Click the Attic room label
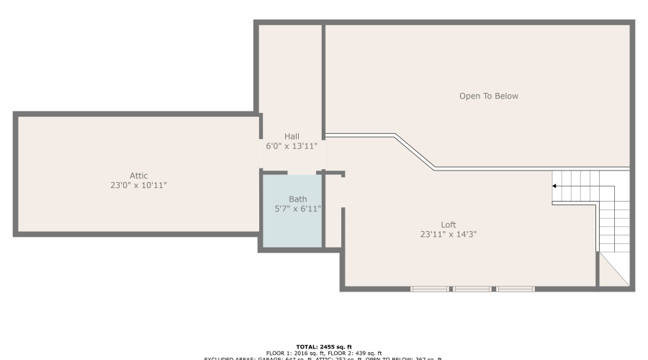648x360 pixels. click(x=138, y=176)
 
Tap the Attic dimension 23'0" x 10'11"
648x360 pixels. click(x=138, y=186)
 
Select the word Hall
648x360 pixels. click(x=292, y=137)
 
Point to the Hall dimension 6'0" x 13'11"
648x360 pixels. click(x=292, y=146)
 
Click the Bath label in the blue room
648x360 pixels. click(x=298, y=199)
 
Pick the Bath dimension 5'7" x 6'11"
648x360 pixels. click(x=298, y=209)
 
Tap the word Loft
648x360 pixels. click(x=449, y=225)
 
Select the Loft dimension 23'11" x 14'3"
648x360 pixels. click(x=449, y=234)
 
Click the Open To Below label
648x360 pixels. click(x=489, y=96)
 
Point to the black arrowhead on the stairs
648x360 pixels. click(x=554, y=186)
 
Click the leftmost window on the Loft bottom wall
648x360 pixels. click(x=430, y=289)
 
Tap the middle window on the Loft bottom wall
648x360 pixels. click(x=472, y=289)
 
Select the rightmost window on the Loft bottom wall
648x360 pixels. click(x=516, y=289)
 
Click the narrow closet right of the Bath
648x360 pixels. click(x=332, y=212)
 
